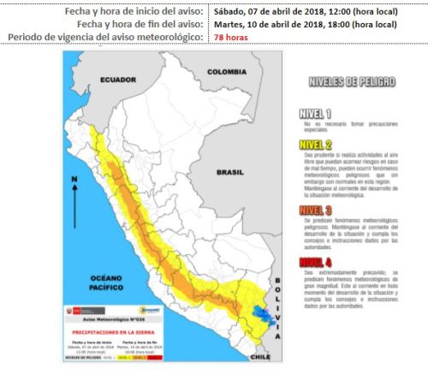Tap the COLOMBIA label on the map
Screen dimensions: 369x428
pos(226,71)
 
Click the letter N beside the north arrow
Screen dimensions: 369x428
pos(75,179)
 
